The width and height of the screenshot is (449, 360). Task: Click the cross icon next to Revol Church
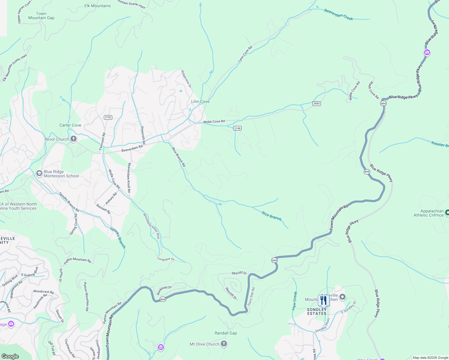pos(74,139)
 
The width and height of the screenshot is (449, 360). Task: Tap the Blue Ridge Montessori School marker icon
pos(39,173)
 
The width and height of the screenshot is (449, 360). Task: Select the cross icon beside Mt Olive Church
pos(224,344)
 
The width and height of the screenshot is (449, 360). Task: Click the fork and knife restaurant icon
pos(323,300)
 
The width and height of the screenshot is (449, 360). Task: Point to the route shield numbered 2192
pos(108,117)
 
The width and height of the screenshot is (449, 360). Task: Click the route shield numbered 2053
pos(316,103)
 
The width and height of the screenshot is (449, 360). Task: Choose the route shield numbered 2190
pos(237,128)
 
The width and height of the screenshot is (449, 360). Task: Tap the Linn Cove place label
pos(200,102)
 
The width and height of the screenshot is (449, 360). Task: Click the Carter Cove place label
pos(70,125)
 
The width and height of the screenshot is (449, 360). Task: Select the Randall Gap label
pos(226,333)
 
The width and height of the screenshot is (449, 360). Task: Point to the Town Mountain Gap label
pos(41,16)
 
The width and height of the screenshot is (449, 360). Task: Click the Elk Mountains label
pos(98,6)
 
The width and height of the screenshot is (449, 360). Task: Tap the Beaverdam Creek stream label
pos(339,14)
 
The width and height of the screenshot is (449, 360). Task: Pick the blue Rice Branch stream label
pos(272,216)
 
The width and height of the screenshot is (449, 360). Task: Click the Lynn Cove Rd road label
pos(245,54)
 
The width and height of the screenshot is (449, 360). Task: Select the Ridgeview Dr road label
pos(186,79)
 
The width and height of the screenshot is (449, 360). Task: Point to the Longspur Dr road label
pos(166,259)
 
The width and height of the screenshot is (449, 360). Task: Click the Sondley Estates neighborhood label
pos(317,311)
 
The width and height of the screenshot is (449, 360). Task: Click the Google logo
pos(10,356)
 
